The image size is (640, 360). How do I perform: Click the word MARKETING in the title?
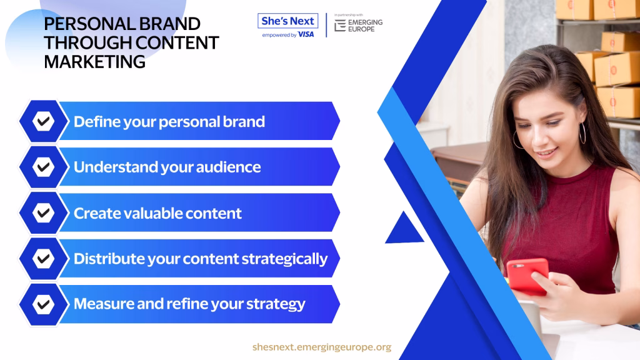95,62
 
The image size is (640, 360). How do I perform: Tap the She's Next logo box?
287,21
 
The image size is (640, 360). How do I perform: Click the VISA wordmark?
306,35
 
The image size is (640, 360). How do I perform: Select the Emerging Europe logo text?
365,25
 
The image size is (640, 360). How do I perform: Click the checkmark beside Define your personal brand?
43,121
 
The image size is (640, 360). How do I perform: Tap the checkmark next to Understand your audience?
43,167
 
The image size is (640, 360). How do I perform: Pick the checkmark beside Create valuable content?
43,212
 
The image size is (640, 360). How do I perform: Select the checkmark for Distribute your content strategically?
43,258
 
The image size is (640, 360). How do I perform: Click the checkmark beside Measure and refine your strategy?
43,304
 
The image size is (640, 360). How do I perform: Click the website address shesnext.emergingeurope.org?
322,347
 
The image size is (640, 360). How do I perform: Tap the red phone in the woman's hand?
527,276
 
